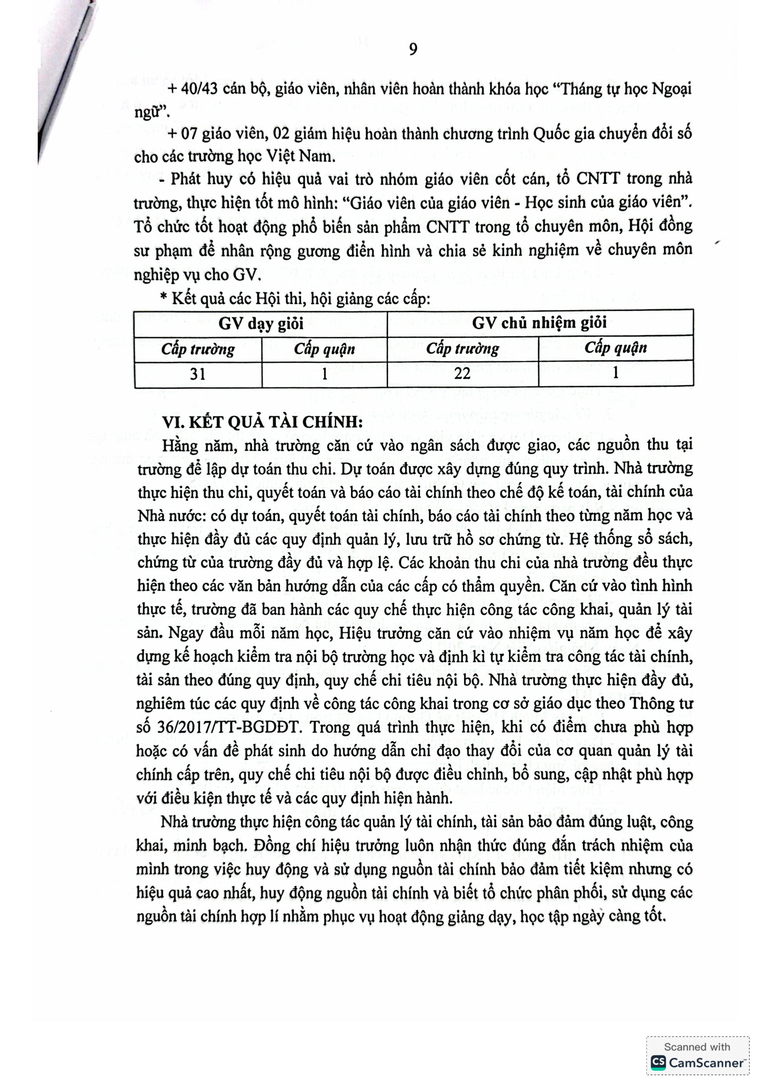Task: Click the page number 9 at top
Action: pyautogui.click(x=413, y=49)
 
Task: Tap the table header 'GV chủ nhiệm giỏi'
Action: pyautogui.click(x=539, y=323)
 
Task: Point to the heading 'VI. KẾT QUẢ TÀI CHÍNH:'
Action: pyautogui.click(x=263, y=422)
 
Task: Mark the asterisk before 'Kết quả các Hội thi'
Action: pyautogui.click(x=164, y=299)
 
